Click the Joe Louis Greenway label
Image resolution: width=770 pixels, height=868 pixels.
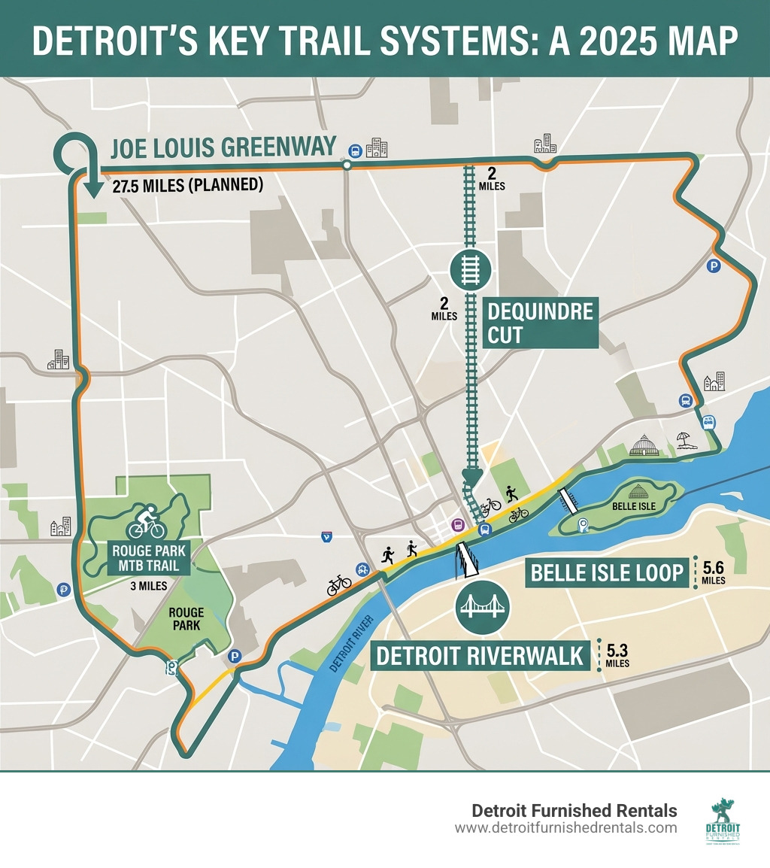(223, 147)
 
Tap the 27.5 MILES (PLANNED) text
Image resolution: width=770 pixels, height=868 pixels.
(187, 186)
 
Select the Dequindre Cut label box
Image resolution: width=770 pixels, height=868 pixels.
(540, 322)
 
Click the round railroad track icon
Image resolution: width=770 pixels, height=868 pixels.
(470, 270)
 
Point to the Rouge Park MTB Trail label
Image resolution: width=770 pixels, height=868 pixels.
(146, 557)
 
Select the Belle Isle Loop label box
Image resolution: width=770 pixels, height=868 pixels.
(607, 573)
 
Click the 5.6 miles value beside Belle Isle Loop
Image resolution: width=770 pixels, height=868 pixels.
(713, 572)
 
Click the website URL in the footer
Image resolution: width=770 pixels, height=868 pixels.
(565, 828)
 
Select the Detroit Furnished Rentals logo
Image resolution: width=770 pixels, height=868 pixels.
(724, 821)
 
